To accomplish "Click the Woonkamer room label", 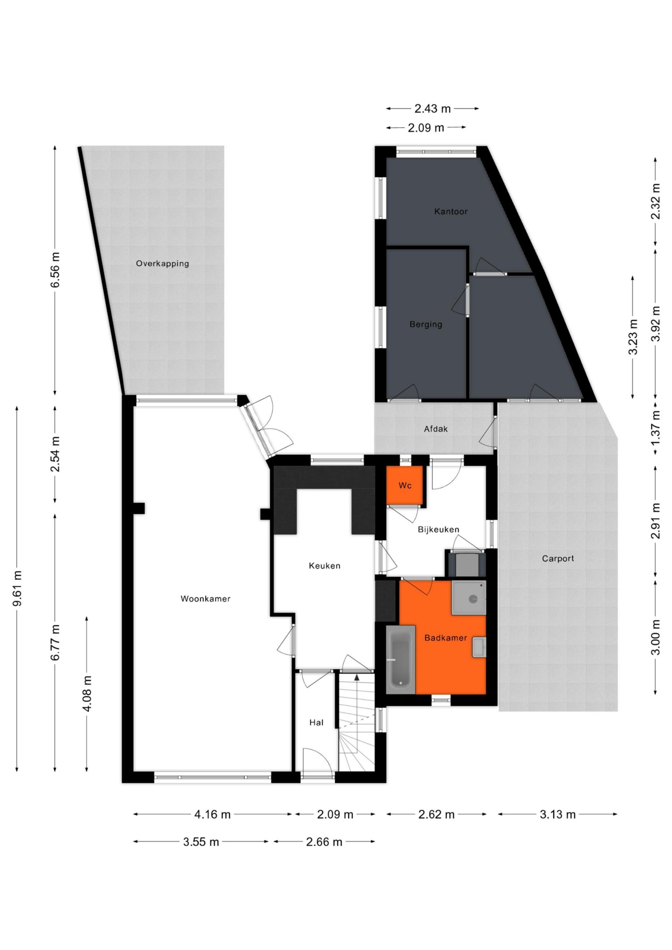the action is click(x=205, y=599).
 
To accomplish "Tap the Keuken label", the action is click(x=324, y=566).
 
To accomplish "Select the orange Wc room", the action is click(x=405, y=485).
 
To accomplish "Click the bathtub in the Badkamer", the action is click(x=400, y=659).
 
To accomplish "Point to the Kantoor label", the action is click(x=451, y=212).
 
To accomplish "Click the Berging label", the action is click(x=425, y=324).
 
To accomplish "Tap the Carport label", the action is click(x=558, y=558).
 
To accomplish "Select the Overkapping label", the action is click(x=162, y=263).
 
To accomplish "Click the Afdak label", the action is click(x=436, y=429).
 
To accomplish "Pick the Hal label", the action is click(x=316, y=723).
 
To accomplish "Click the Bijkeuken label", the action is click(x=438, y=530).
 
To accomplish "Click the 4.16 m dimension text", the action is click(x=212, y=815).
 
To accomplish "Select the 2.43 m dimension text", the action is click(x=433, y=109).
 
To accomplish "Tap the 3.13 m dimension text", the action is click(x=558, y=815).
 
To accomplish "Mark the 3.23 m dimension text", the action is click(x=633, y=337).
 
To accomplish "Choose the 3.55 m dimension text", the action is click(x=201, y=842).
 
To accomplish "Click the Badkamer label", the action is click(x=446, y=638).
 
